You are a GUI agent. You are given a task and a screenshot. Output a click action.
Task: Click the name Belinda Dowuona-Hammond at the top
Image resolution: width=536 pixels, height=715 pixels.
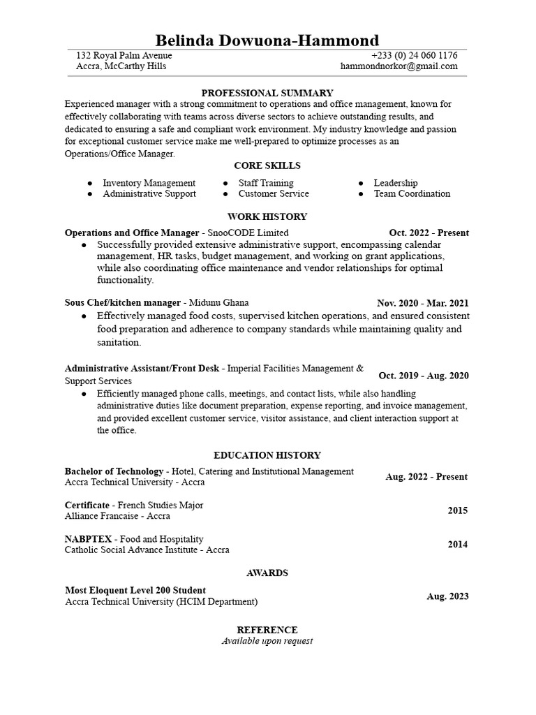(267, 40)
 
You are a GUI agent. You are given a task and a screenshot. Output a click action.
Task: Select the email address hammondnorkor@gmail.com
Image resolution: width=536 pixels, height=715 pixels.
(399, 67)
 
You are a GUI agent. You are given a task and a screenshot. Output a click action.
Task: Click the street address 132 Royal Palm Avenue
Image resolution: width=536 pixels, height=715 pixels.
(124, 56)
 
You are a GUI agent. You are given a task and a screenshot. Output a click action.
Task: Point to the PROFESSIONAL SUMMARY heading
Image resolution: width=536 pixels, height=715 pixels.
(267, 93)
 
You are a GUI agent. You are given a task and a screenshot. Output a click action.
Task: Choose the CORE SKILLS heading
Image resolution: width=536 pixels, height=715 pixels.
(267, 166)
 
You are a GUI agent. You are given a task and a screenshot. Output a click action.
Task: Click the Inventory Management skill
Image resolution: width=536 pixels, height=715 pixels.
(149, 183)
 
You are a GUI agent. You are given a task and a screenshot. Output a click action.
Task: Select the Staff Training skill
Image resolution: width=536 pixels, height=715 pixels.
(266, 183)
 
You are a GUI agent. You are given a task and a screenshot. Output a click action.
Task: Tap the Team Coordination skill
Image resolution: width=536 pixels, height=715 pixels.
(412, 194)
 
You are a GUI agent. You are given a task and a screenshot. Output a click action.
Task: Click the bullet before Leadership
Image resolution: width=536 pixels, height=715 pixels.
(361, 183)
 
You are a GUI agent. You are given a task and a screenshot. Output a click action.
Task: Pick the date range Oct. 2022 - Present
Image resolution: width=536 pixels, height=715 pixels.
(429, 233)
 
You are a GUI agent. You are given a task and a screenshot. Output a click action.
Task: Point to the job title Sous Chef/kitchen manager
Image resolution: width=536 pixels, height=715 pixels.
(123, 303)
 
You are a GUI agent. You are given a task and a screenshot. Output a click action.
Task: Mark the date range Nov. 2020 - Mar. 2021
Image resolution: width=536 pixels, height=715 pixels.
(423, 304)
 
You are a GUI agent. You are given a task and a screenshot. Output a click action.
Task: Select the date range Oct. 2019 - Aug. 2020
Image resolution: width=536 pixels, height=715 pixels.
(424, 376)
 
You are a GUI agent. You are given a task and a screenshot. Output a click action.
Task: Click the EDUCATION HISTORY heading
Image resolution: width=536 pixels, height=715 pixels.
(267, 455)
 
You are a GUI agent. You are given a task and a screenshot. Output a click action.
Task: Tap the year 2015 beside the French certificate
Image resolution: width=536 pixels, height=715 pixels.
(458, 511)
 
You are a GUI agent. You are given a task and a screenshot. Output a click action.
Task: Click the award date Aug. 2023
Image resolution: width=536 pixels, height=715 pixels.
(447, 597)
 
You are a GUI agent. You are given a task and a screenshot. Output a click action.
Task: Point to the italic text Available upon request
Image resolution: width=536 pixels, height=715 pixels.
(267, 641)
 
